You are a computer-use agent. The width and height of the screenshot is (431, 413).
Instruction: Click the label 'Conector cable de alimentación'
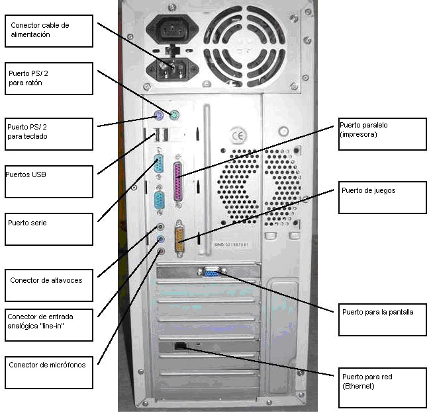pos(49,30)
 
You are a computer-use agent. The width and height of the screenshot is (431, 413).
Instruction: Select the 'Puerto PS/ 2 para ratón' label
pos(49,79)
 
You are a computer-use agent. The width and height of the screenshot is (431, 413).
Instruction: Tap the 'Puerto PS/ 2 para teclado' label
pos(49,131)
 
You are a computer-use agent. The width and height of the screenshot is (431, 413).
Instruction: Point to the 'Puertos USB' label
pos(49,181)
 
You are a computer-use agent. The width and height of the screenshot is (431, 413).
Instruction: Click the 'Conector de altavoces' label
pos(49,285)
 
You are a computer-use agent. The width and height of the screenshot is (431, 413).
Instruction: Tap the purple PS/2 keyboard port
pos(158,118)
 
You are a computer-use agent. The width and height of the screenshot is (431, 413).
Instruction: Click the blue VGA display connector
pos(213,271)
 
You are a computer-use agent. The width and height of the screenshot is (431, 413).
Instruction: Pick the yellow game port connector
pos(179,239)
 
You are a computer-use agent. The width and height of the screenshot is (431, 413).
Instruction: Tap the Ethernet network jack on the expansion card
pos(180,346)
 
